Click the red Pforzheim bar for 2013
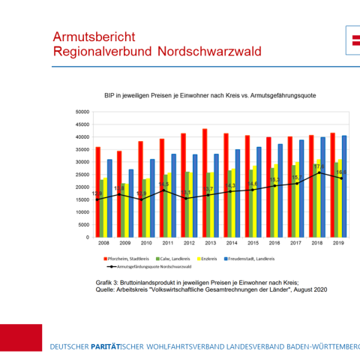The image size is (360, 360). coord(205,183)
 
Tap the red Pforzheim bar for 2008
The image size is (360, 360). coord(97,192)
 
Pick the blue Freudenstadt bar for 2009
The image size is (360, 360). coord(131,202)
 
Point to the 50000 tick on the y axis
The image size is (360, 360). coord(82,112)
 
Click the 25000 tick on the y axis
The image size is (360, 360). coord(82,175)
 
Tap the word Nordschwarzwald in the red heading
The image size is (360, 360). coord(209,52)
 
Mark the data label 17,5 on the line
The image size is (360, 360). coord(318,166)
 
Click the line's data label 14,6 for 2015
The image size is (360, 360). coord(253,184)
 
